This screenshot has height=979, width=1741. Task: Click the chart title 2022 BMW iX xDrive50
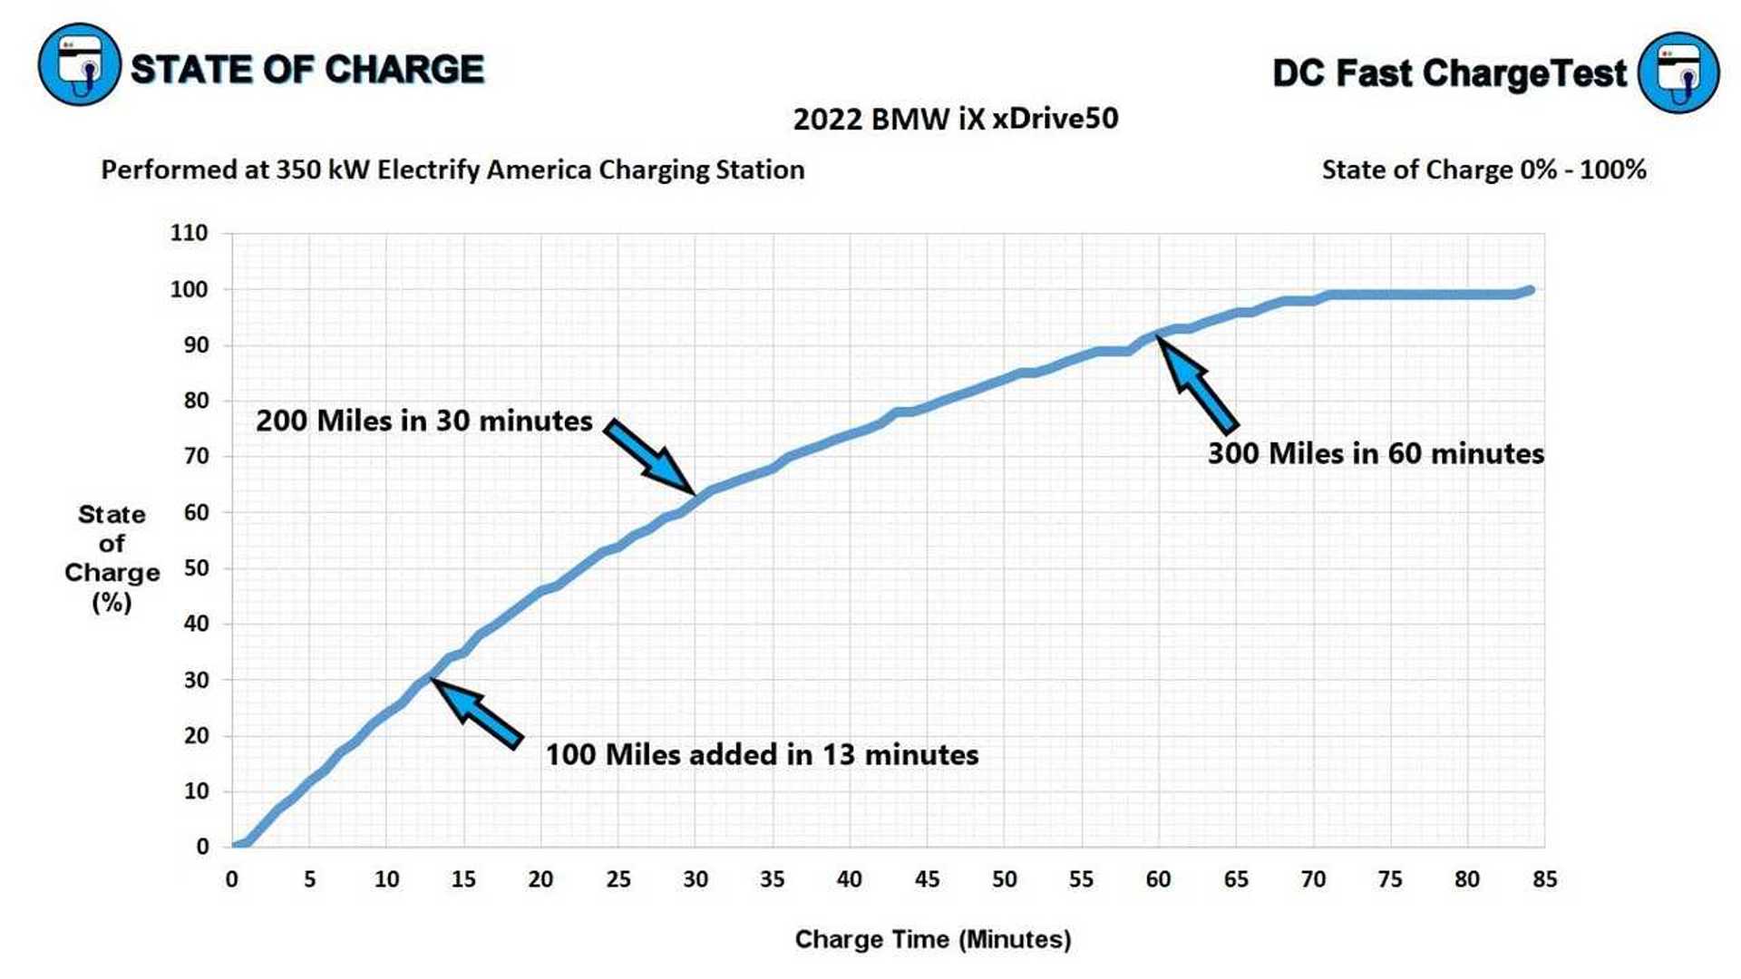[955, 119]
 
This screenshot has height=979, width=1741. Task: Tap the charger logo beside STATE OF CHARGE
[79, 65]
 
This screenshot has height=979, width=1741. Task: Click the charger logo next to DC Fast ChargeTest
[1678, 73]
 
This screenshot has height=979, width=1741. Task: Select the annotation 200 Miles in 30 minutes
[423, 422]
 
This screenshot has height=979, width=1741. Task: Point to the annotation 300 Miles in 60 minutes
[1375, 453]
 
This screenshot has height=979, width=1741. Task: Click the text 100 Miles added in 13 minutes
[762, 755]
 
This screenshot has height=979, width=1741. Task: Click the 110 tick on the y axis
[189, 233]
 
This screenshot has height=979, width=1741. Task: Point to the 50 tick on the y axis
[196, 568]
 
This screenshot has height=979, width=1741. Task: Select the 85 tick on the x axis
[1544, 879]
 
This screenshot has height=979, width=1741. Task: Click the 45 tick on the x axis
[927, 879]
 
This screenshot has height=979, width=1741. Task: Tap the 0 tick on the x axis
[232, 879]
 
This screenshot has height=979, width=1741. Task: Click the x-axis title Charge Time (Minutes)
[932, 940]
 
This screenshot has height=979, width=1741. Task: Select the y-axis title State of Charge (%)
[112, 558]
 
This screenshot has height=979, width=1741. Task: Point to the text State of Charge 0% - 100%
[1483, 170]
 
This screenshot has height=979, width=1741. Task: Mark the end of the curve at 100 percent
[1530, 291]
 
